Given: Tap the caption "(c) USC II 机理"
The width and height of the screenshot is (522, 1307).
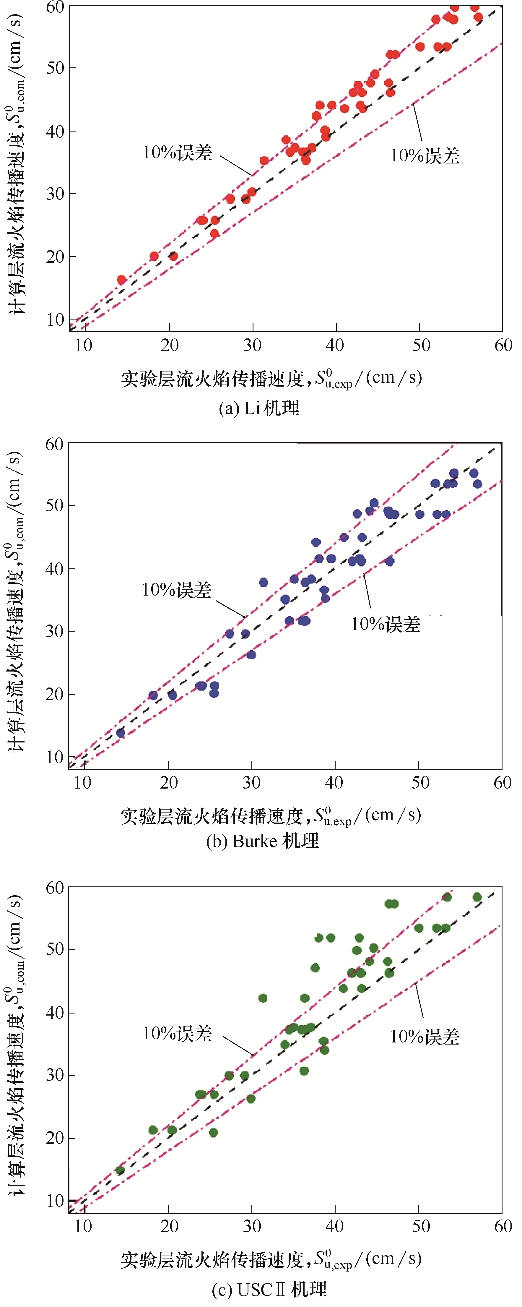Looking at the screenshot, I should tap(269, 1289).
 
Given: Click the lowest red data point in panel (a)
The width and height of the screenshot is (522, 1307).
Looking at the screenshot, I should tap(121, 280).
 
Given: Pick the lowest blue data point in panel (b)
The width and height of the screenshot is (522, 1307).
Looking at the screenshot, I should tap(121, 733).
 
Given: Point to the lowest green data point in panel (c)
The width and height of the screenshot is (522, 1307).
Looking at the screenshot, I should tap(120, 1170).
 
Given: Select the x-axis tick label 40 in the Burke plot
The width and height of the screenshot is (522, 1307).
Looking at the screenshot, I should tap(334, 783).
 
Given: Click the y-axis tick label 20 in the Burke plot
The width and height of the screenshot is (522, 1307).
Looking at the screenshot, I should tap(54, 694).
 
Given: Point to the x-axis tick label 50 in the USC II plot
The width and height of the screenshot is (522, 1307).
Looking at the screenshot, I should tap(421, 1226).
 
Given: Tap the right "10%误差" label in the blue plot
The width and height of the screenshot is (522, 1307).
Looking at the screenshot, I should tap(386, 624).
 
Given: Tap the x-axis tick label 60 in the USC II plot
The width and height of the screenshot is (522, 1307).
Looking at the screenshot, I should tap(503, 1226).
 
